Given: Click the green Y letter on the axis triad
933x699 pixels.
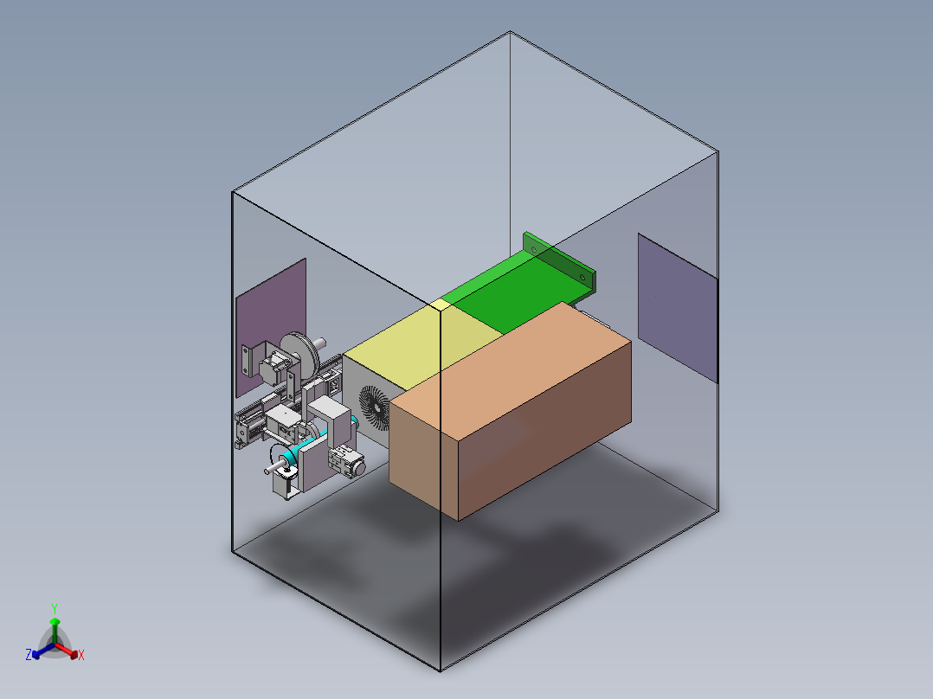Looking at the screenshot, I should (54, 608).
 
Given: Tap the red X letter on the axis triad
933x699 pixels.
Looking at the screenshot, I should (81, 656).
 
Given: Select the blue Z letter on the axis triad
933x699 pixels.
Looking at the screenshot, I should (29, 655).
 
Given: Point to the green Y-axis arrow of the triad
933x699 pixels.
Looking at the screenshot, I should (55, 627).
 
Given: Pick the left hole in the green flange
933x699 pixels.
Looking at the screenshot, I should (535, 249).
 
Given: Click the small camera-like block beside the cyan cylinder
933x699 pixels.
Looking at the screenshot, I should (346, 460).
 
